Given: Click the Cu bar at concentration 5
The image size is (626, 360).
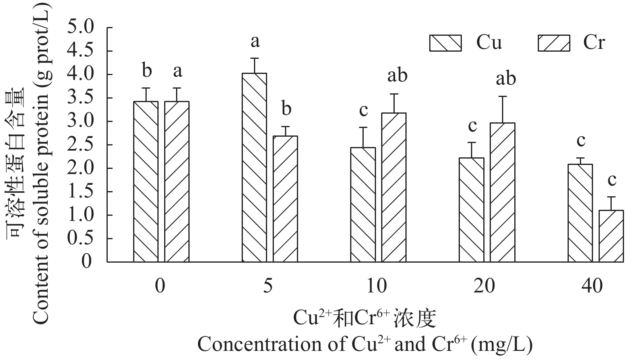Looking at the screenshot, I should (x=254, y=167).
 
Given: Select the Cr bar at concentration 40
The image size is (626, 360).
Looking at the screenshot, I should (x=611, y=236).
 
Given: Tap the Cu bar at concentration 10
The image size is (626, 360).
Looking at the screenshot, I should (x=363, y=205).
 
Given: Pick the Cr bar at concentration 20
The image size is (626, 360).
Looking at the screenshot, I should (x=502, y=192).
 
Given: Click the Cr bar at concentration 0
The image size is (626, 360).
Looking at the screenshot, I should (x=177, y=182).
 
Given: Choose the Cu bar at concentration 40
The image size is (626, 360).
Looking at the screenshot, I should (x=580, y=213).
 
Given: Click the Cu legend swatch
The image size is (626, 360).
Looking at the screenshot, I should (x=445, y=43).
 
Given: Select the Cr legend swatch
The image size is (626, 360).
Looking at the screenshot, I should (x=554, y=43).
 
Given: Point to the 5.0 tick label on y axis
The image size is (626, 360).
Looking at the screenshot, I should (x=81, y=28).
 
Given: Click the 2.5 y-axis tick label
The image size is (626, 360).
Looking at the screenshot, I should (x=81, y=145).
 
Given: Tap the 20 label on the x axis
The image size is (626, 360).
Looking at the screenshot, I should (x=484, y=286).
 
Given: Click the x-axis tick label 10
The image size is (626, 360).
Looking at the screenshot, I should (x=376, y=286).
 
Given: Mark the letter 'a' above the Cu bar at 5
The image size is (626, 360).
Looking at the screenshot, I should (x=255, y=41).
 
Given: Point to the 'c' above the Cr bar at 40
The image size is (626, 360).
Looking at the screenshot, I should (x=611, y=180).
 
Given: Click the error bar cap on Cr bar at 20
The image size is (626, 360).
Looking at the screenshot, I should (x=502, y=97).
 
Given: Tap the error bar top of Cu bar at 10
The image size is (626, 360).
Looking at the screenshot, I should (x=363, y=128).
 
